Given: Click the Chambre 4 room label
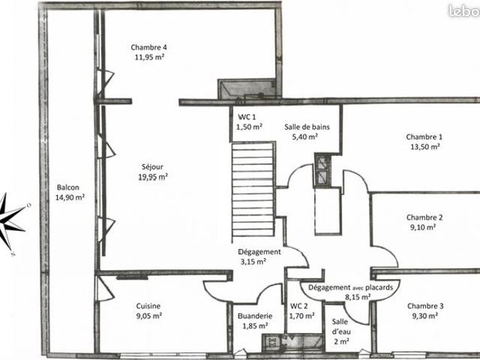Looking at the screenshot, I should [148, 47].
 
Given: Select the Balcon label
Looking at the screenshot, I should [68, 187].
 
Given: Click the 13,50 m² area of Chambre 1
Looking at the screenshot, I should [424, 147].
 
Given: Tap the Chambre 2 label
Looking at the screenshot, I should [424, 217].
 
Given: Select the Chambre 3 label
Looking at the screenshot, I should [425, 306].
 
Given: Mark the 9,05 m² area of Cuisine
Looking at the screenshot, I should [148, 316].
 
